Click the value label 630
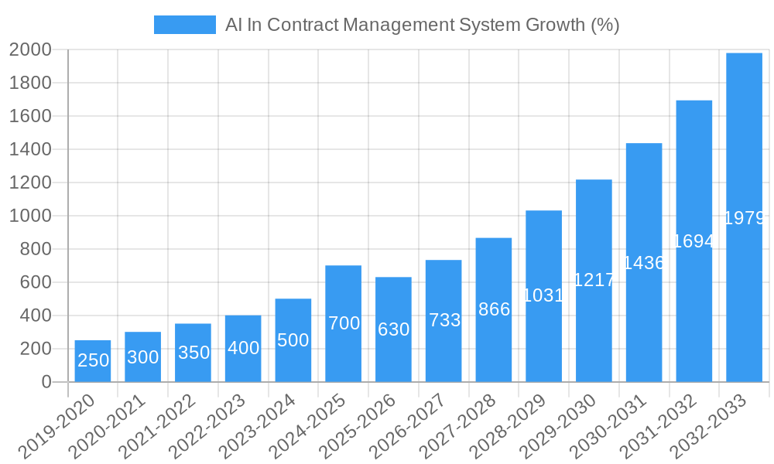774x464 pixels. pos(393,329)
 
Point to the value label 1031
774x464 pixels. pos(543,295)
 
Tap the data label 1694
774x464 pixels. pos(694,241)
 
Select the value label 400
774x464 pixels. pos(243,348)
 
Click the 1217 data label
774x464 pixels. pos(594,280)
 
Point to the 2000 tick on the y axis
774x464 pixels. pos(30,49)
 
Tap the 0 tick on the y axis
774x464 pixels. pos(46,382)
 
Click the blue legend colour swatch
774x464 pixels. pos(184,25)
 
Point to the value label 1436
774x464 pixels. pos(644,263)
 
